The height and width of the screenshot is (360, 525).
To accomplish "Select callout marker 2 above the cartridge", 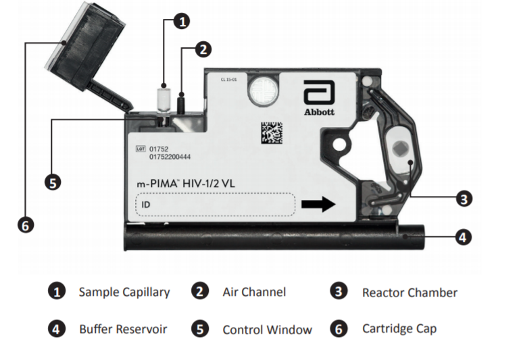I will coord(203,49).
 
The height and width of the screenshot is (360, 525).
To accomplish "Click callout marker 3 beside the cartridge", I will coord(464,199).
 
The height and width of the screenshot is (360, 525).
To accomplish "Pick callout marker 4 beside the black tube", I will coord(463,237).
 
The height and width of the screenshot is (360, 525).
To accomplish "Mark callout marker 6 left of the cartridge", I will coord(25,226).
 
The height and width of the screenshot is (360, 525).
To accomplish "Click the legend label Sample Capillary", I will coord(124,292).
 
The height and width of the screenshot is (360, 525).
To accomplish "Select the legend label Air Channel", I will coord(254,292).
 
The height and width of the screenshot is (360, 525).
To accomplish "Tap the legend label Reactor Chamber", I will coord(409,292).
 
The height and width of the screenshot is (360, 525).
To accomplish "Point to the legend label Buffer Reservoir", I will coord(123,330).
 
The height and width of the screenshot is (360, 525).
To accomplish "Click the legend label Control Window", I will coord(267,330).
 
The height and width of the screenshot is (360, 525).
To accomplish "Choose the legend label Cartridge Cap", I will coord(399,329).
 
